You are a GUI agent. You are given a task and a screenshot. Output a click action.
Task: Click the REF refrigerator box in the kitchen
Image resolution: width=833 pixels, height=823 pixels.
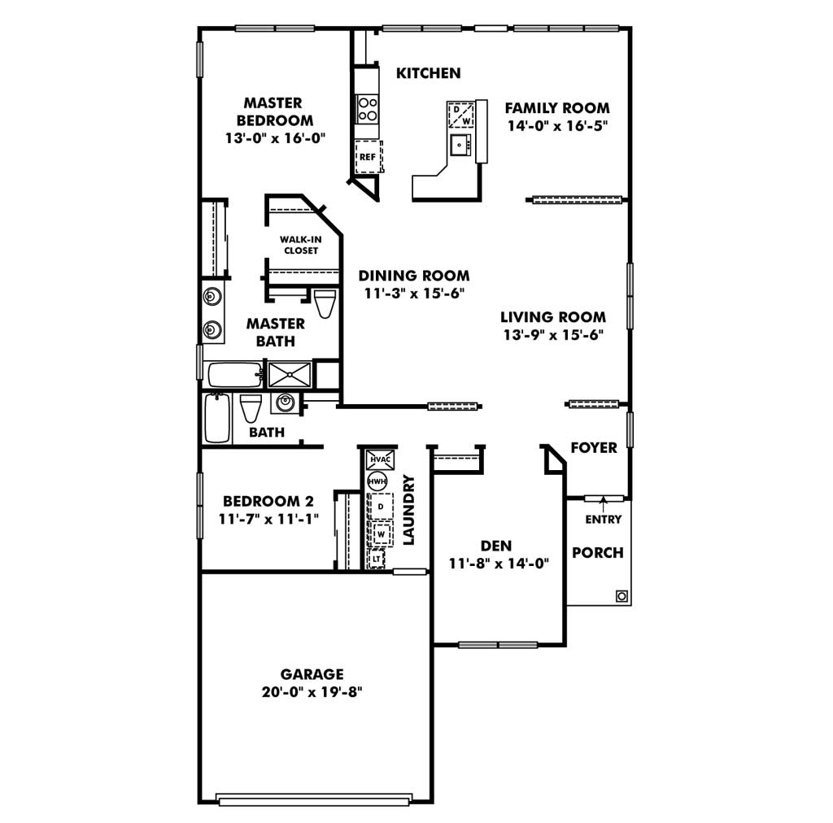coord(369,157)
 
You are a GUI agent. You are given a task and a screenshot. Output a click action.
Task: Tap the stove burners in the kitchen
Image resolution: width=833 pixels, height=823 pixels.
coord(367,109)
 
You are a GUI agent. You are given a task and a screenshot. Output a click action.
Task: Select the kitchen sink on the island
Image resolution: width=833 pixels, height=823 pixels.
coord(460,145)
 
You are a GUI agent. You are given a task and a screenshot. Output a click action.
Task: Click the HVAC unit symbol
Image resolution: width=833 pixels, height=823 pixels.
coord(381,459)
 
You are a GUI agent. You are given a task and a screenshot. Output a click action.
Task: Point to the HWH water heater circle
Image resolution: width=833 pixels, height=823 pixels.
coord(377,481)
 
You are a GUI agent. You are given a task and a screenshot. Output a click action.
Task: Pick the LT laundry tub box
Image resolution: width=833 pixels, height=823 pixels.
coord(376,560)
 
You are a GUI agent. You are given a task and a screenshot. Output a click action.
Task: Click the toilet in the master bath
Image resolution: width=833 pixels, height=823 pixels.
coord(325,303)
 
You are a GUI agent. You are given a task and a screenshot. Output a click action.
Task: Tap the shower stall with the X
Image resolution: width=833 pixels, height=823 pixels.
coord(290,374)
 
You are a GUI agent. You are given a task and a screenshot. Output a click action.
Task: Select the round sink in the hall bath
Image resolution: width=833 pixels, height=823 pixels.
coord(286,402)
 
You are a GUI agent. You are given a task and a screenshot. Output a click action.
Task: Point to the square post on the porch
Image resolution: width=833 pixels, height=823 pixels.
coord(621,596)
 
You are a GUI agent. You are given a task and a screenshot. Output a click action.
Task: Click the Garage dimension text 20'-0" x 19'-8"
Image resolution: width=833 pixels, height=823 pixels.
coord(312,692)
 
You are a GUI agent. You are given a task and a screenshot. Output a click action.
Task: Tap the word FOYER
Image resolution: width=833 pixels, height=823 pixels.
coord(594,447)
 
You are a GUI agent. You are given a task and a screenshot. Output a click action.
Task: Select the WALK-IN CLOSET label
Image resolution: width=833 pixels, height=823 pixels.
coord(301,245)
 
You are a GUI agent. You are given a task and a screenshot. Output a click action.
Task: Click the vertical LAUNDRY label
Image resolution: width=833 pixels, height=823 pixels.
coord(408,510)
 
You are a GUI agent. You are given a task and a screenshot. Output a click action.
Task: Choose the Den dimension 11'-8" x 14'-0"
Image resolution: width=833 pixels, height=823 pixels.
coord(499,564)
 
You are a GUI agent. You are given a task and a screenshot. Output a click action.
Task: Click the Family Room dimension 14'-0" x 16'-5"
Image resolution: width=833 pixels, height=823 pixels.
coord(556,126)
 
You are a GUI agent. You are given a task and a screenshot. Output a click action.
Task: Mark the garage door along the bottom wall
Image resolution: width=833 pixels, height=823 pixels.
coord(315,799)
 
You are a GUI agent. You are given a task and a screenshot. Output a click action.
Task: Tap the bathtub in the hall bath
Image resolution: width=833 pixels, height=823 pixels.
coord(217,418)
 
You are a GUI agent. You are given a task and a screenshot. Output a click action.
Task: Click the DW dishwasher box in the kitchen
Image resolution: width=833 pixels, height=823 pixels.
coord(461,115)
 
